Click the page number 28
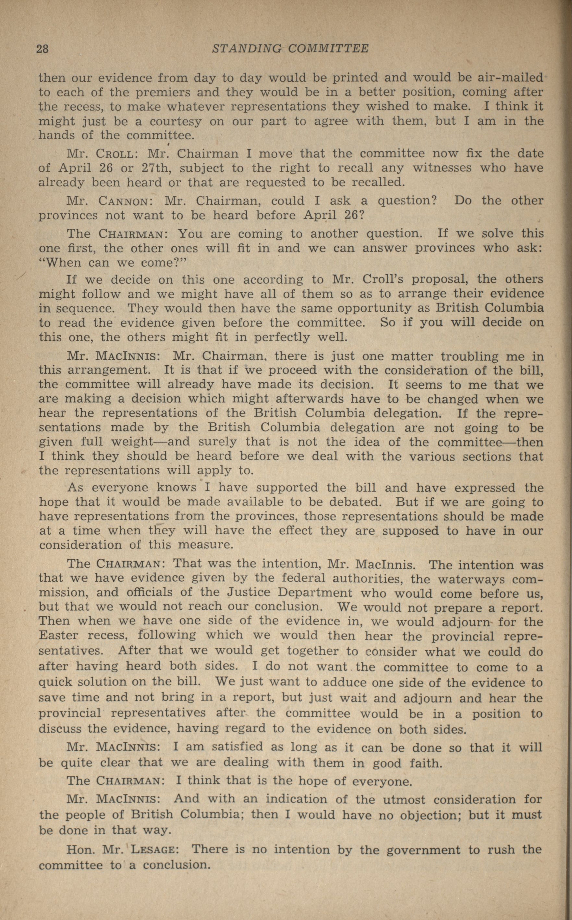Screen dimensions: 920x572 pos(43,49)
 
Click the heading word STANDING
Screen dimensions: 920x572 pos(247,48)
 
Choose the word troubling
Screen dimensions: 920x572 pos(454,356)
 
